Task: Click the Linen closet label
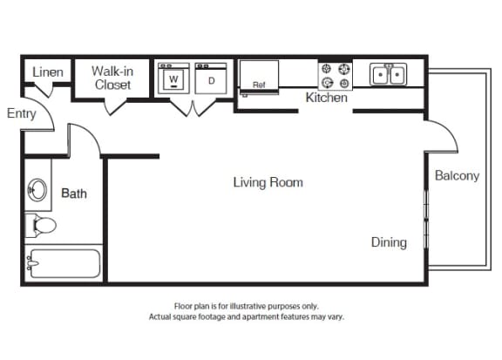[x=48, y=72]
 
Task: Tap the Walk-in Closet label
[x=112, y=78]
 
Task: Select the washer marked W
[x=173, y=78]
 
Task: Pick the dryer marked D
[x=211, y=78]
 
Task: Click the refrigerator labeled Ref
[x=259, y=77]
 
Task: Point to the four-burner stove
[x=336, y=76]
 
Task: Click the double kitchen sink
[x=389, y=74]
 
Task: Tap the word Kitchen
[x=326, y=98]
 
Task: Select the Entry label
[x=22, y=113]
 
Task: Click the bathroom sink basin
[x=37, y=190]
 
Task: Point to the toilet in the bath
[x=41, y=225]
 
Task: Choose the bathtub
[x=64, y=263]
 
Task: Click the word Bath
[x=74, y=194]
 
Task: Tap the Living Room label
[x=268, y=182]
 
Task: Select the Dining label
[x=389, y=242]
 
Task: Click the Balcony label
[x=458, y=175]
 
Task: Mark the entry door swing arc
[x=46, y=108]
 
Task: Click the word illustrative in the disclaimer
[x=248, y=306]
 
